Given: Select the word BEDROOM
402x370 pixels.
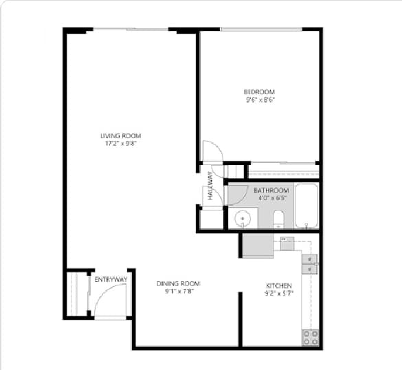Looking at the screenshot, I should pos(259,92).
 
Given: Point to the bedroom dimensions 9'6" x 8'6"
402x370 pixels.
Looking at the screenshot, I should pos(259,100).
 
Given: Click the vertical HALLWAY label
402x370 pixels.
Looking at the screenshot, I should pos(211,186).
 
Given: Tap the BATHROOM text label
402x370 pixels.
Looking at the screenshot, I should pos(271,191).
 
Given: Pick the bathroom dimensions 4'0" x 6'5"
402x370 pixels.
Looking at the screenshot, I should pos(271,198).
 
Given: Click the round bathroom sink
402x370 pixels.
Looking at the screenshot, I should pos(242,219).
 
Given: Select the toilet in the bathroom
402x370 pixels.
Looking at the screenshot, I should pos(278,219).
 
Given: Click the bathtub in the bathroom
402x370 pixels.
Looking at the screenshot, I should pos(306,206).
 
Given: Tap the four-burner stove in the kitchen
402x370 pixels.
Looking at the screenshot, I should pos(310,337).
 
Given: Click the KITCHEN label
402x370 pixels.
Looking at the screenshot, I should pos(280,285).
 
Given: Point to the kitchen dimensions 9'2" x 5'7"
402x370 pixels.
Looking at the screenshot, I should pos(280,294).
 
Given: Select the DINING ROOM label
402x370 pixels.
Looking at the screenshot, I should pos(178,283).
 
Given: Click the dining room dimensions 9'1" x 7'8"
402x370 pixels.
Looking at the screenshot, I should pos(178,292).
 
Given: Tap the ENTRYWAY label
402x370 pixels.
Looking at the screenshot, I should pos(111,279).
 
